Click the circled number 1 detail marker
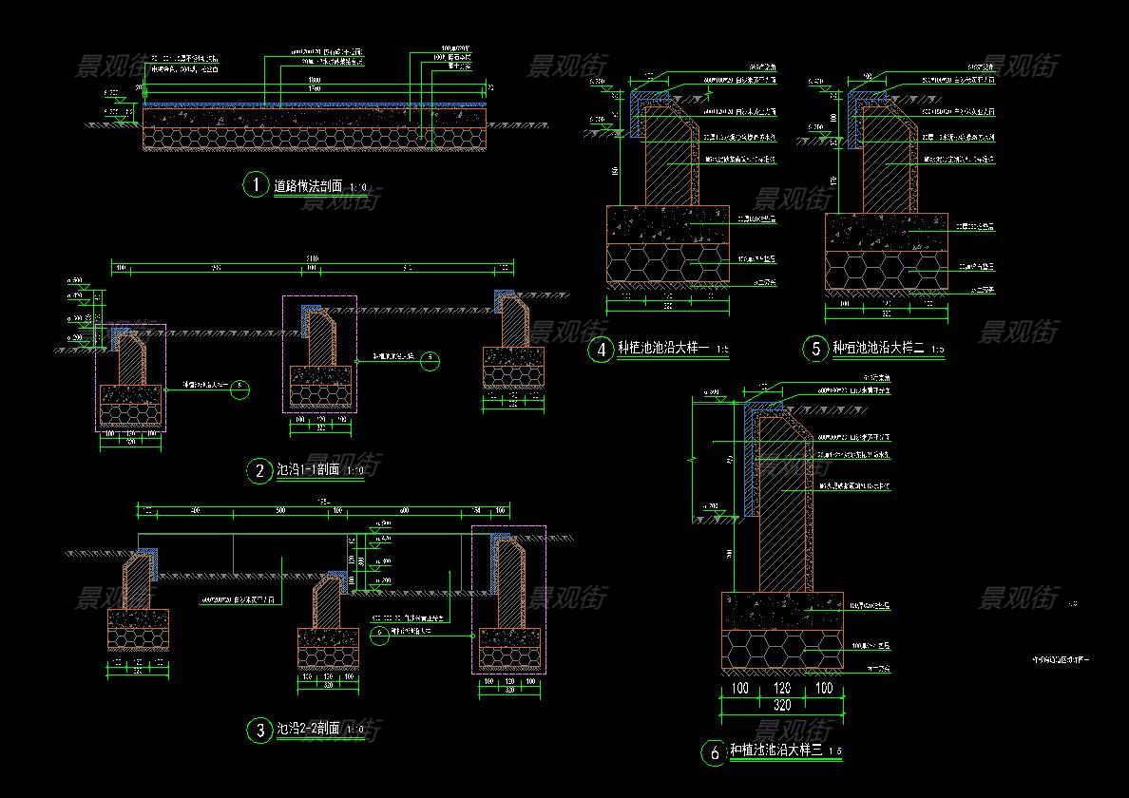point(256,184)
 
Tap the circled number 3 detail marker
point(259,730)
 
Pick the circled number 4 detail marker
point(601,350)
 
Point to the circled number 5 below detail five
point(815,349)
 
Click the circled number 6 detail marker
point(714,753)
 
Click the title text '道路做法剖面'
point(308,186)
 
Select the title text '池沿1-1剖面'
point(307,470)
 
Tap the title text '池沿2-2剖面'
point(307,730)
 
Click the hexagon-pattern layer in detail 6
point(782,649)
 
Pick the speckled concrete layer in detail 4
point(667,224)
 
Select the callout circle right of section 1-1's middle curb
point(431,361)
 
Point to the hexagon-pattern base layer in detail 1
point(314,139)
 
